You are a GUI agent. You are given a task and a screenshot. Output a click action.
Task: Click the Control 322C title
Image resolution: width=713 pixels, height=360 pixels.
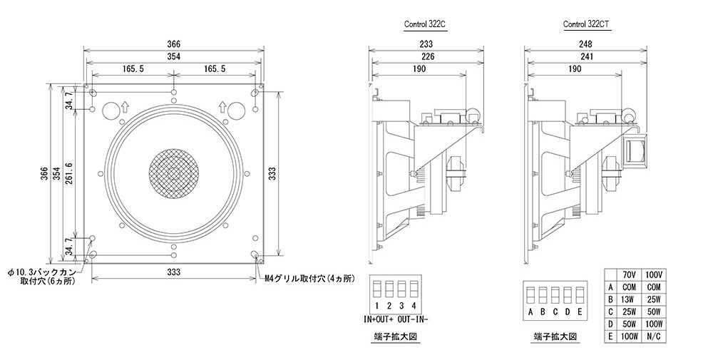coord(426,24)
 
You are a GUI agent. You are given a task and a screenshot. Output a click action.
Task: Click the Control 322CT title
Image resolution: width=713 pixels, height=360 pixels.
coord(586,24)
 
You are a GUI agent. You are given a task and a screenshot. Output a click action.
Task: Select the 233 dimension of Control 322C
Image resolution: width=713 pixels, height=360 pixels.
coord(427,43)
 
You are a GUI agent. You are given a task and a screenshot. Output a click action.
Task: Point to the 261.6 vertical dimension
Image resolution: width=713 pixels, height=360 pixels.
coord(68,174)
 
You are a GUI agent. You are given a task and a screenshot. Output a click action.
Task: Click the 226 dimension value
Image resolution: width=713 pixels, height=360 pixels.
coord(427,56)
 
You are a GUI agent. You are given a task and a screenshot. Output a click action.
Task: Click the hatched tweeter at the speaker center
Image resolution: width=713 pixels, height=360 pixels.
coord(172,174)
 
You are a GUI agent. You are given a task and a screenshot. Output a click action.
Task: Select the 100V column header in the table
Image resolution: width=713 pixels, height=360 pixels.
coord(654,274)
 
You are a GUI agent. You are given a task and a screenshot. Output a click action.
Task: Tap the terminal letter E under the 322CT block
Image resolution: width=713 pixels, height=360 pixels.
coord(580,312)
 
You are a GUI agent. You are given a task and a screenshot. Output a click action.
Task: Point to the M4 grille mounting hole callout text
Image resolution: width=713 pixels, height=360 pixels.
coord(309,278)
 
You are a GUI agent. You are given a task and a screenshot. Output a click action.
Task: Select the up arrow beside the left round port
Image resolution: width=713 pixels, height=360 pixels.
coord(125,108)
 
